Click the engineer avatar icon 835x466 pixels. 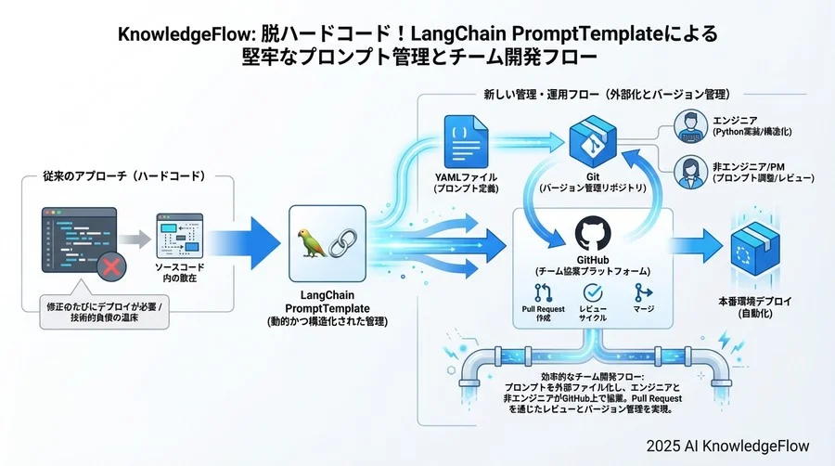point(687,123)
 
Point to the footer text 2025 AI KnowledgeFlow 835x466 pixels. point(728,446)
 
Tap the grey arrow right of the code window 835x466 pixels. point(135,239)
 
